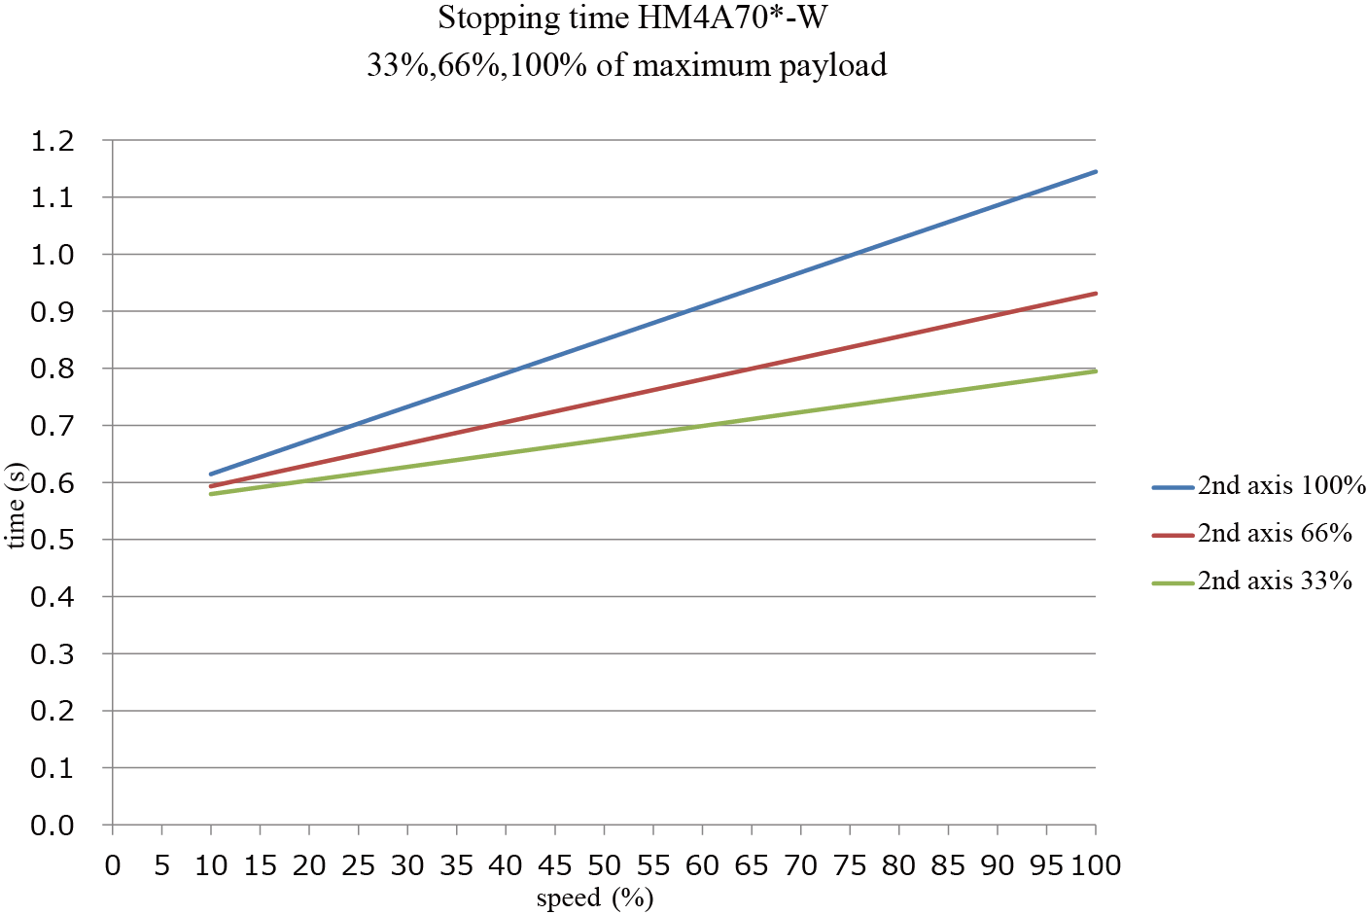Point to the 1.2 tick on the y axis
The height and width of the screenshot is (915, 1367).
(x=53, y=141)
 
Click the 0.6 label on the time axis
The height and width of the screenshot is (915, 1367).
(x=53, y=482)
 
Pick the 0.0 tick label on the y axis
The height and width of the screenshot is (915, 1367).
(x=53, y=825)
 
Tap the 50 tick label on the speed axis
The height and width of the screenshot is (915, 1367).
(x=604, y=864)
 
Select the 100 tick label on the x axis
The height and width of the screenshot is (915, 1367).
(x=1096, y=864)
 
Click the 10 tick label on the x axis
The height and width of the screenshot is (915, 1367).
(x=211, y=864)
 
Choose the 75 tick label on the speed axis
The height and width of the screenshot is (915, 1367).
(x=850, y=864)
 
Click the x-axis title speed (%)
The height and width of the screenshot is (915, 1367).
(x=594, y=897)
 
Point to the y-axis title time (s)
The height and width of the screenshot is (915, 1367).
(x=16, y=506)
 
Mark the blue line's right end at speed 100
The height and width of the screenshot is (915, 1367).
(x=1096, y=171)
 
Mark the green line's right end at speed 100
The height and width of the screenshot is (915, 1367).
(x=1096, y=370)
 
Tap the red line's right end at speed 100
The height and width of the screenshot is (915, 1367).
(x=1096, y=293)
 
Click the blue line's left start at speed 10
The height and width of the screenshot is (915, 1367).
(x=211, y=474)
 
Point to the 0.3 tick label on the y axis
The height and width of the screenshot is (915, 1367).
(x=53, y=653)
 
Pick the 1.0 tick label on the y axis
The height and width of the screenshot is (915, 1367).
(x=53, y=255)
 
